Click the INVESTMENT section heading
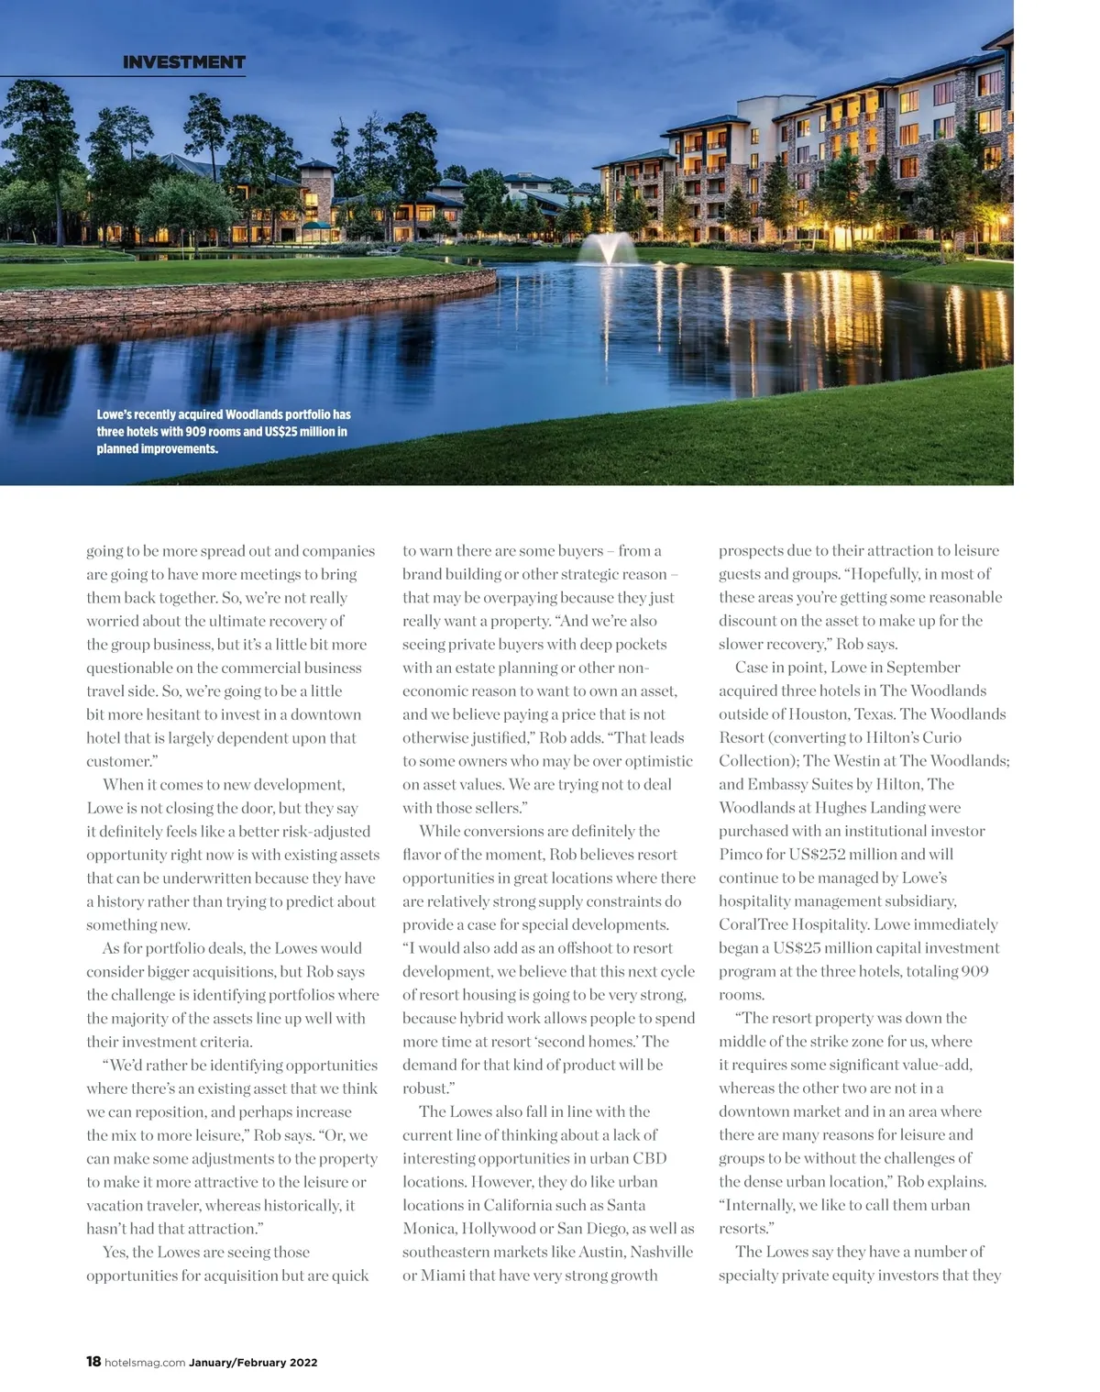[183, 62]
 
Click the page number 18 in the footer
[93, 1362]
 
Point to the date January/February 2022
[253, 1363]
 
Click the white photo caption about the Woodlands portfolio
[224, 431]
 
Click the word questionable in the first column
[132, 668]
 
